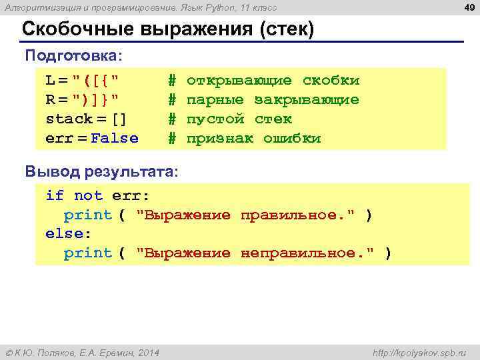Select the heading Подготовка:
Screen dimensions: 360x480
pyautogui.click(x=74, y=55)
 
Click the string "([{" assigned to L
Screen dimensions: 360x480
pyautogui.click(x=96, y=81)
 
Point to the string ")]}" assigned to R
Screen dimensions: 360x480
pyautogui.click(x=96, y=100)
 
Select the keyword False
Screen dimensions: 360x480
pyautogui.click(x=115, y=139)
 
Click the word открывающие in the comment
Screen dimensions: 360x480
pyautogui.click(x=239, y=81)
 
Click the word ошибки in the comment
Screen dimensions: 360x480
pyautogui.click(x=292, y=139)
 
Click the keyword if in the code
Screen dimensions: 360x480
pyautogui.click(x=55, y=195)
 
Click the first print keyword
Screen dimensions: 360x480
pyautogui.click(x=87, y=215)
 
